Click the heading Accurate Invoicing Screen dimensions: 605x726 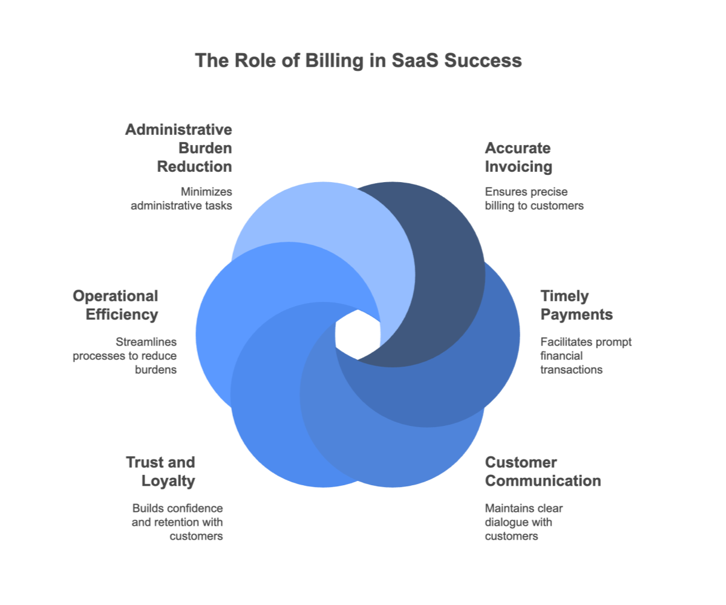click(x=518, y=157)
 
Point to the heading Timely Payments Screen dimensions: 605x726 click(x=576, y=306)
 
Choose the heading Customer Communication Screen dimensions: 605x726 click(x=543, y=472)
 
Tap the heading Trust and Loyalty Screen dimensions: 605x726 click(x=160, y=472)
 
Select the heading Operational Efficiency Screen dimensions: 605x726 click(x=116, y=306)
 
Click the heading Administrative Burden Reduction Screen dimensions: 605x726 click(x=179, y=148)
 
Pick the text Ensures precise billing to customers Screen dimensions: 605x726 click(x=534, y=198)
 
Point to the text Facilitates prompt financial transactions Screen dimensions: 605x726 click(x=585, y=356)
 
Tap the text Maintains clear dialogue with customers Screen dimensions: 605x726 click(x=524, y=522)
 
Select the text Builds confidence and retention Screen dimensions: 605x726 click(x=178, y=522)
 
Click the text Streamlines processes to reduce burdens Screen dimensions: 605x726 click(x=125, y=356)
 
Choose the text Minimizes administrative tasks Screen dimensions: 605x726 click(x=182, y=198)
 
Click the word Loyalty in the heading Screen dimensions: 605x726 click(x=168, y=482)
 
